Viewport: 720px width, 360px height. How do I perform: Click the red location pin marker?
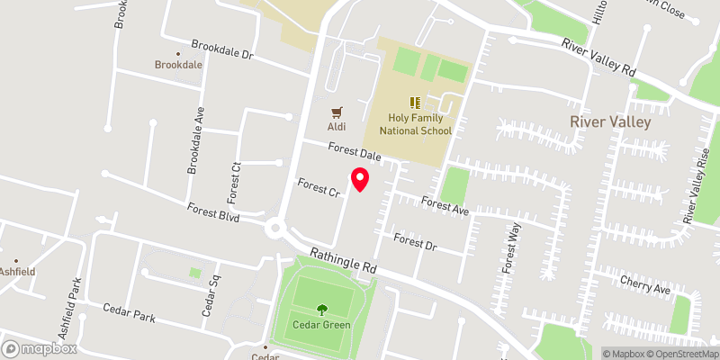point(360,178)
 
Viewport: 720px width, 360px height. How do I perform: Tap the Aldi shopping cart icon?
point(337,112)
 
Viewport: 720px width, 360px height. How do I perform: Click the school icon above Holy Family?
point(415,103)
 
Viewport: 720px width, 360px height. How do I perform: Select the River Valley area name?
point(608,120)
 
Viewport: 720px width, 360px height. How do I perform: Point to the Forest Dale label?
point(355,154)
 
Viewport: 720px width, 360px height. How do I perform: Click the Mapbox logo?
point(39,348)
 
